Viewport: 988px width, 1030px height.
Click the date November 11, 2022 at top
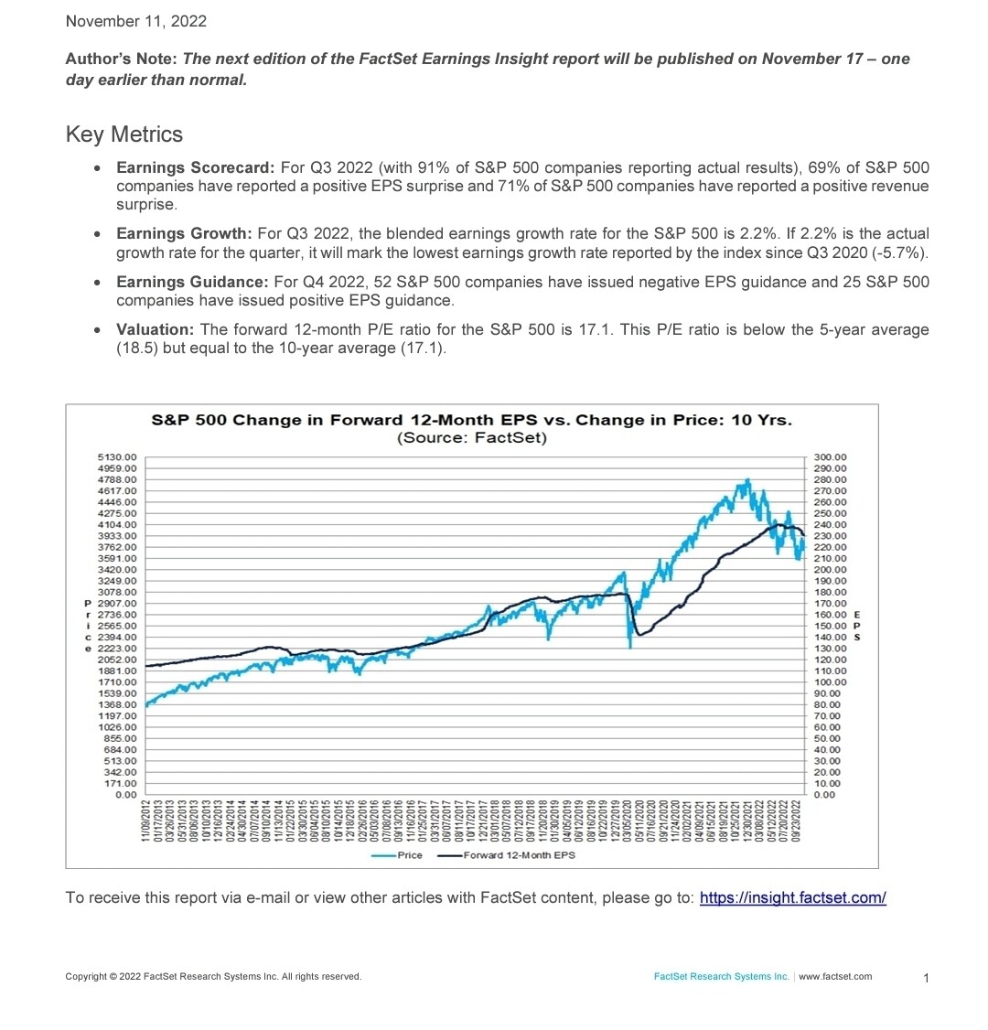(136, 21)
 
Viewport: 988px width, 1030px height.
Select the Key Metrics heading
(124, 134)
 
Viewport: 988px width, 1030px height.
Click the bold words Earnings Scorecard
(195, 168)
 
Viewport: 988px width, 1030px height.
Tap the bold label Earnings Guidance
(192, 283)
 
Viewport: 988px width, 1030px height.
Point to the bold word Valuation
(155, 330)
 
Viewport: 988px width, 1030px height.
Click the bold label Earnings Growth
(184, 234)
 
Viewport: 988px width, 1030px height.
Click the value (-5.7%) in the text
(905, 252)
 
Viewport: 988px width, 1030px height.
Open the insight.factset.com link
(792, 898)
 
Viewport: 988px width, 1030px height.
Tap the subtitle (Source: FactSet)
(471, 438)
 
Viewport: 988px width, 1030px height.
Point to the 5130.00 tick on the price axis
(117, 456)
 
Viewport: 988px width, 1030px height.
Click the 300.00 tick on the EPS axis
(831, 456)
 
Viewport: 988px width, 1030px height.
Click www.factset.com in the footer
(835, 977)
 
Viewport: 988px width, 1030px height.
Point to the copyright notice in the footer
(213, 977)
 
